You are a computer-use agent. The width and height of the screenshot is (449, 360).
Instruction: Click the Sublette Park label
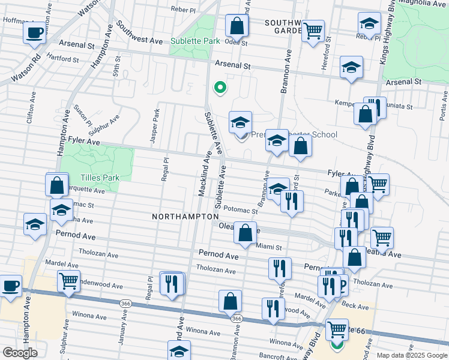tap(195, 41)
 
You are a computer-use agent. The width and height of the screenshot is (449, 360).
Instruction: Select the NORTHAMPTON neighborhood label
tap(185, 216)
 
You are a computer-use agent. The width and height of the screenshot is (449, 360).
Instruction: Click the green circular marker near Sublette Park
tap(220, 88)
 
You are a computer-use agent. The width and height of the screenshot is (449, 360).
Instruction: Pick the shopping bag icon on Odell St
tap(237, 26)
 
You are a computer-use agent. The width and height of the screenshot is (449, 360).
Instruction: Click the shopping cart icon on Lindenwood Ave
tap(68, 280)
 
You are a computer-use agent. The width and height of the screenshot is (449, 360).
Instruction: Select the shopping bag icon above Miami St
tap(245, 233)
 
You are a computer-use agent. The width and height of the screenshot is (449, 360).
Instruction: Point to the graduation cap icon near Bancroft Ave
tap(178, 350)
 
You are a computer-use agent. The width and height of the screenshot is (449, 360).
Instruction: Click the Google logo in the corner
tap(20, 353)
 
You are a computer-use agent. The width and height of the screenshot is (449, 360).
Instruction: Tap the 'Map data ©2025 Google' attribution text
tap(412, 355)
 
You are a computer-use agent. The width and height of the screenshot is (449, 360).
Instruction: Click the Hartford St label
tap(63, 59)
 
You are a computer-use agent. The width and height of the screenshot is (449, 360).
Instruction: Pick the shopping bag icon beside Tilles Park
tap(57, 185)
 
